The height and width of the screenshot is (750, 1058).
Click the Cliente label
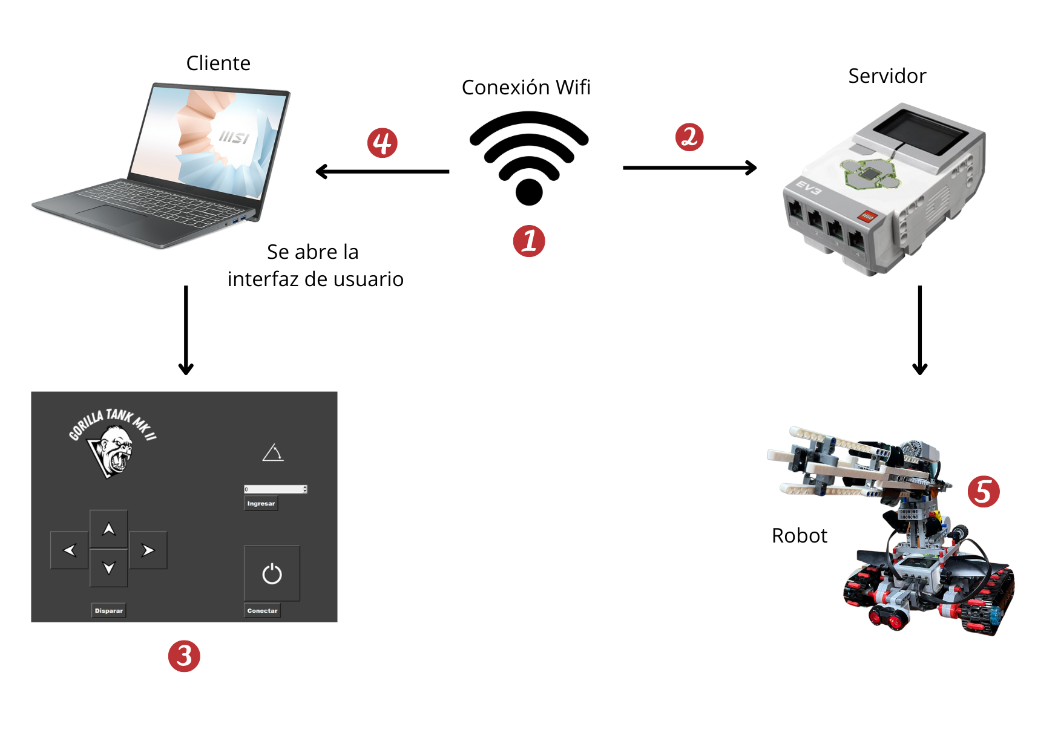[x=218, y=64]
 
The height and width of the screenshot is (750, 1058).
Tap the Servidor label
[x=887, y=76]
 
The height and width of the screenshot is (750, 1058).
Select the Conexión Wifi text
[x=525, y=88]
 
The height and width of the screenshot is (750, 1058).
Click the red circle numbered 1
[x=529, y=241]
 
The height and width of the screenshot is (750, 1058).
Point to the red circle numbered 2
[x=689, y=137]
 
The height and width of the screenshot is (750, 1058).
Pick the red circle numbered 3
[x=184, y=656]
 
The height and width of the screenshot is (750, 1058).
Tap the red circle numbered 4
[x=383, y=143]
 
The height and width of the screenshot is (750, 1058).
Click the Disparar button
[x=109, y=610]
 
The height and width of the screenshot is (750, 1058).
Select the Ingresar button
[x=261, y=503]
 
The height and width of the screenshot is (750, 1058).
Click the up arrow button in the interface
[x=109, y=529]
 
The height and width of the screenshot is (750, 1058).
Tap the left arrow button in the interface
[x=70, y=550]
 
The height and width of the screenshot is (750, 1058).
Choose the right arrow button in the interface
[x=148, y=550]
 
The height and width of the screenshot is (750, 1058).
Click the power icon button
[x=272, y=573]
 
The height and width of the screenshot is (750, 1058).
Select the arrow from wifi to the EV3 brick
[x=689, y=168]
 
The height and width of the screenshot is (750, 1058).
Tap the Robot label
[x=799, y=536]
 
